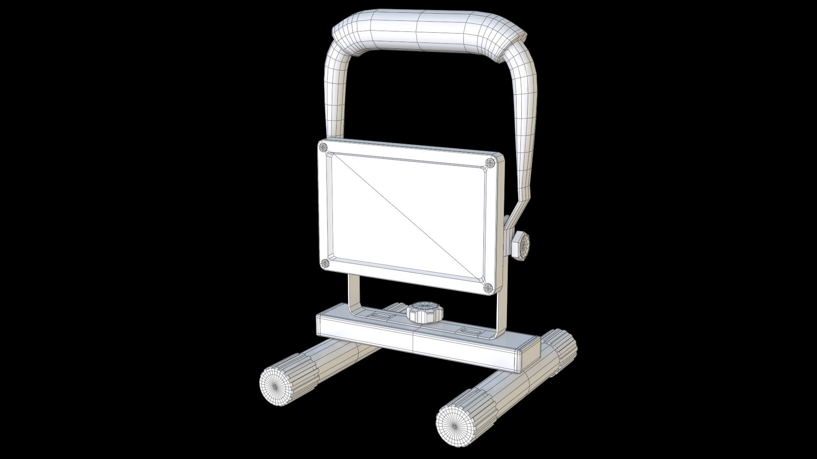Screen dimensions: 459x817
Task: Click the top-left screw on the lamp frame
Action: [x=323, y=147]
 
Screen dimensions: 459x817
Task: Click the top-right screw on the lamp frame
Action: [x=491, y=162]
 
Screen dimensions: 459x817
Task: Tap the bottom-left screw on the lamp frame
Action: [x=325, y=263]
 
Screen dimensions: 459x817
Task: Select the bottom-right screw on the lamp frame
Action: [x=488, y=288]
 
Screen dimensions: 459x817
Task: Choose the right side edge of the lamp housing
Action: [x=500, y=225]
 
